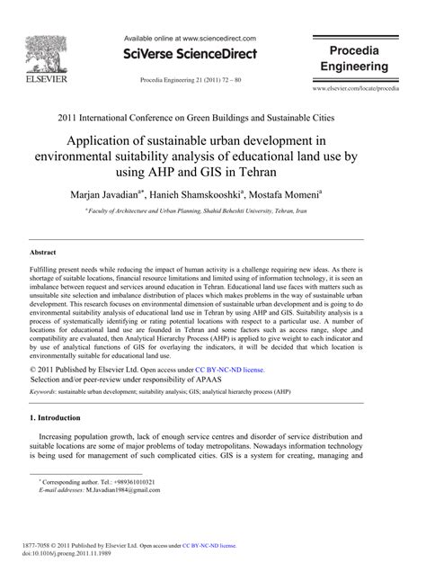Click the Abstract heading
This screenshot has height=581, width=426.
pos(45,255)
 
